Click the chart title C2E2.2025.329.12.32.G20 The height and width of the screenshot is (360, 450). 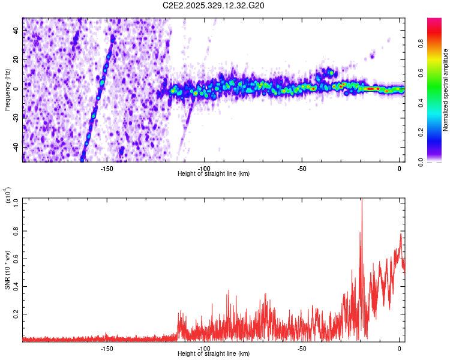214,5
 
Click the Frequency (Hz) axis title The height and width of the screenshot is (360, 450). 7,89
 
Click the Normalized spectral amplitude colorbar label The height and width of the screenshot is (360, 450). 446,90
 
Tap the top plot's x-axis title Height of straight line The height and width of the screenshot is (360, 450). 214,173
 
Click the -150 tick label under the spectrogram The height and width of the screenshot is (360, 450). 106,169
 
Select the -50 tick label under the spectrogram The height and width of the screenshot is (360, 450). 302,169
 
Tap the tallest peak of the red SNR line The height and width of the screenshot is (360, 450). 361,200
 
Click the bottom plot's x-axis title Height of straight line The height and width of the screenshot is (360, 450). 214,353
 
